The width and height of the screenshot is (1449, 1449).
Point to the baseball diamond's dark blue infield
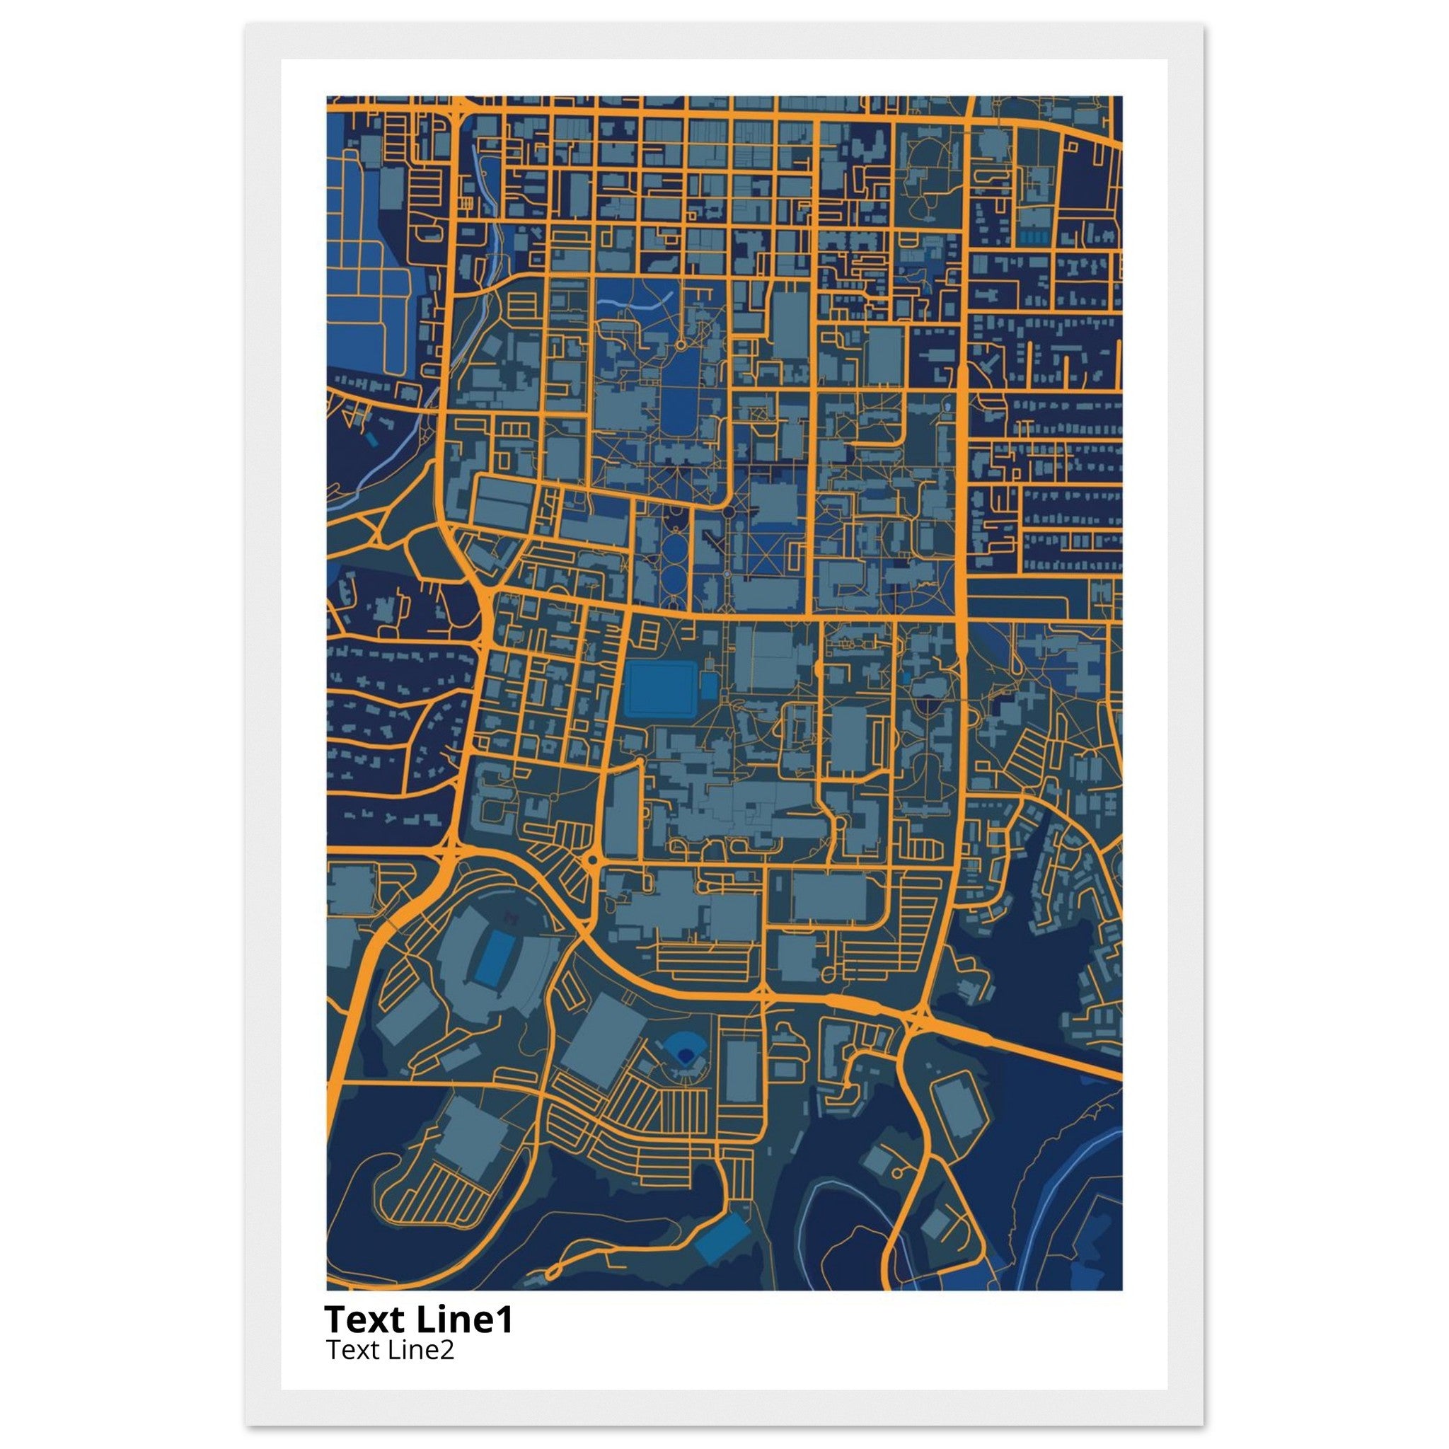pyautogui.click(x=683, y=1055)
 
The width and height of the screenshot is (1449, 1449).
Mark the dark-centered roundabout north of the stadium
pyautogui.click(x=591, y=860)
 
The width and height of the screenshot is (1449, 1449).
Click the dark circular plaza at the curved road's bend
pyautogui.click(x=727, y=512)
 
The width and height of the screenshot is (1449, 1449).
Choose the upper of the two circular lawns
pyautogui.click(x=676, y=545)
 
